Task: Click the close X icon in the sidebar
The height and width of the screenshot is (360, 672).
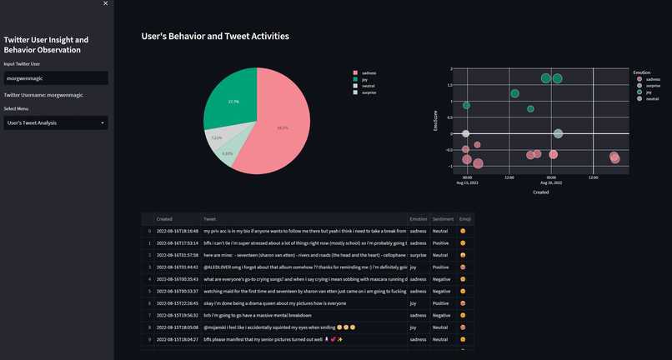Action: (x=105, y=4)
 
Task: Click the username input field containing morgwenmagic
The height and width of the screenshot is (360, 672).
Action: (x=55, y=77)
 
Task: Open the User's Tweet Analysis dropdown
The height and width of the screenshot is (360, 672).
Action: (x=55, y=122)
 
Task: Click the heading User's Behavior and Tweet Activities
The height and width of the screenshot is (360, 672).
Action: (x=215, y=37)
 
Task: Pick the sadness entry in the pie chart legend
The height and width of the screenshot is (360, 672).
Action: (x=369, y=72)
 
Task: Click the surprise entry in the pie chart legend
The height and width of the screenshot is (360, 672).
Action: (x=369, y=92)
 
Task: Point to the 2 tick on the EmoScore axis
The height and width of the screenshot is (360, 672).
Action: (x=450, y=69)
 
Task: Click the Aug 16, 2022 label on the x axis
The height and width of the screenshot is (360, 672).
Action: (x=550, y=182)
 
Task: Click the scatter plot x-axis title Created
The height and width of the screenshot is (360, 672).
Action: (x=540, y=192)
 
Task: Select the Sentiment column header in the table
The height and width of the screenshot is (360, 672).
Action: (x=443, y=219)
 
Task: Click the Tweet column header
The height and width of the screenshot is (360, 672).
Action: (x=210, y=219)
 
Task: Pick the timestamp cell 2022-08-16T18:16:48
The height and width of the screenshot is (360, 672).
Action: (x=177, y=231)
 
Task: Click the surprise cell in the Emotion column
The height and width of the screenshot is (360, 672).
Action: (x=419, y=255)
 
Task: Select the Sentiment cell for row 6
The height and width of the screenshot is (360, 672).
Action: (x=440, y=303)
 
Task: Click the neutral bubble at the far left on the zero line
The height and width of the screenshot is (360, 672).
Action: (x=466, y=133)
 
